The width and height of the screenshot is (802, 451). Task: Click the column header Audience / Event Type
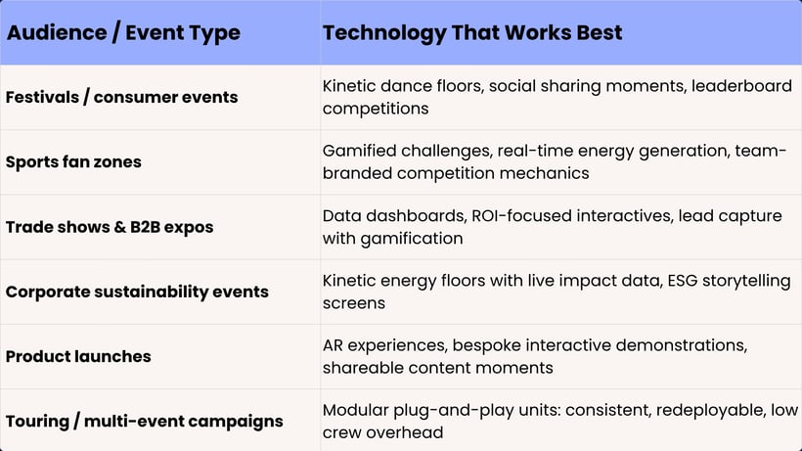[x=123, y=32]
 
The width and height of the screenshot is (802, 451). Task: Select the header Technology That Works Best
[x=472, y=32]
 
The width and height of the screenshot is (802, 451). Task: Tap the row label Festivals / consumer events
[x=121, y=98]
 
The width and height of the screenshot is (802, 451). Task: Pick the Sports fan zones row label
[x=73, y=162]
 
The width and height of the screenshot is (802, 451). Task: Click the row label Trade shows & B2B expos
[x=110, y=227]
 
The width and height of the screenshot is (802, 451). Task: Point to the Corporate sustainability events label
[x=137, y=292]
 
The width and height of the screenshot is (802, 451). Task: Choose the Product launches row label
[x=78, y=356]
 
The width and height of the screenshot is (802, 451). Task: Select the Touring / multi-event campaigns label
[x=144, y=422]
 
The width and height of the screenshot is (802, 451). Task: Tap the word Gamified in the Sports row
[x=358, y=152]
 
